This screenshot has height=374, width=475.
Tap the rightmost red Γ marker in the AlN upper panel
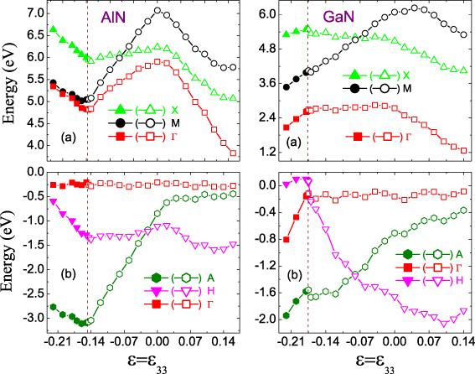pos(233,152)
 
